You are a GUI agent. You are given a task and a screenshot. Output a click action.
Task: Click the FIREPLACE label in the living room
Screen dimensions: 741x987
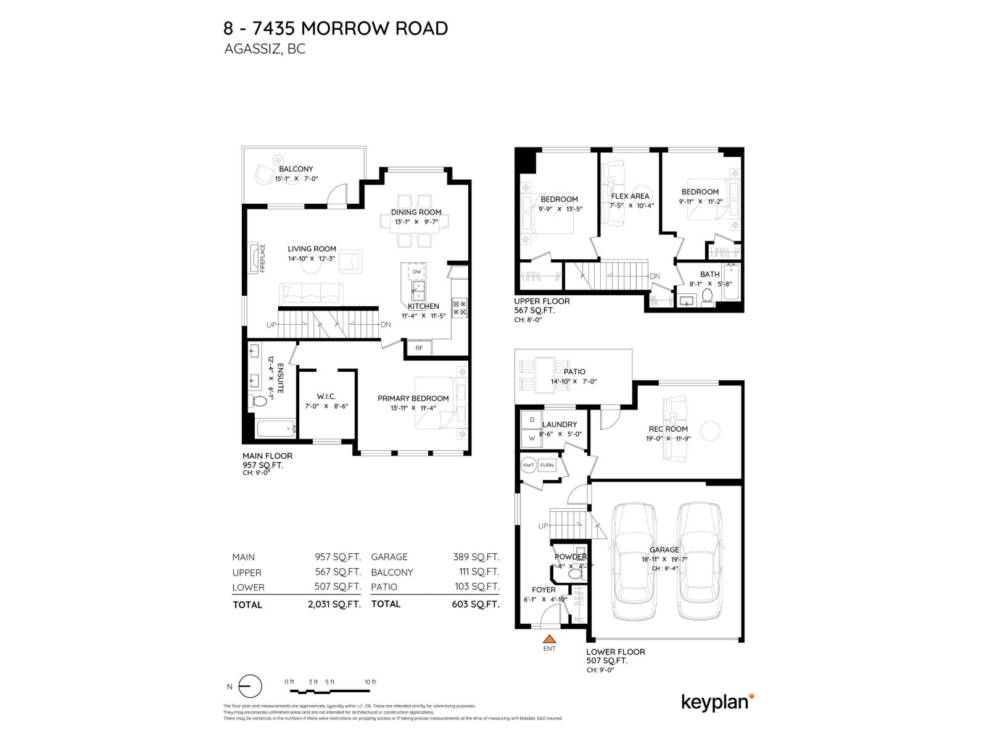(262, 258)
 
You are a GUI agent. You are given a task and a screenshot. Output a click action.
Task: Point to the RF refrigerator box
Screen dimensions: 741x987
(419, 348)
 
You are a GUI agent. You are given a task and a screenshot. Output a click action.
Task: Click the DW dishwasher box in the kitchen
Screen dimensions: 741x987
(416, 272)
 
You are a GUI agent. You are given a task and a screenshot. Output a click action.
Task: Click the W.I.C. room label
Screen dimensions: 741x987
(326, 396)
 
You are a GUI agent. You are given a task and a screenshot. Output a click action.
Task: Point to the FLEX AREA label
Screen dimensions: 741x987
(630, 196)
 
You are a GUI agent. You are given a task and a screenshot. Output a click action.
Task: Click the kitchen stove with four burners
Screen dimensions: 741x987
(460, 308)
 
